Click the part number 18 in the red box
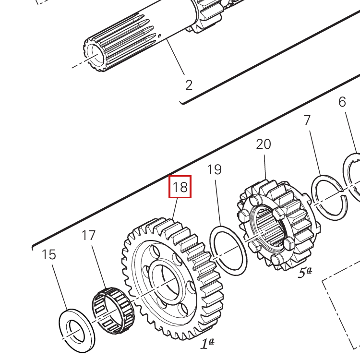tap(180, 187)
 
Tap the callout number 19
tap(215, 169)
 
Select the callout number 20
tap(264, 144)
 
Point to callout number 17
tap(89, 235)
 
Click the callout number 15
tap(49, 254)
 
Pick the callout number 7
tap(307, 120)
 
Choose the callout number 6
tap(342, 102)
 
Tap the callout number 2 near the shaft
tap(189, 85)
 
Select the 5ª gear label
tap(305, 273)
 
